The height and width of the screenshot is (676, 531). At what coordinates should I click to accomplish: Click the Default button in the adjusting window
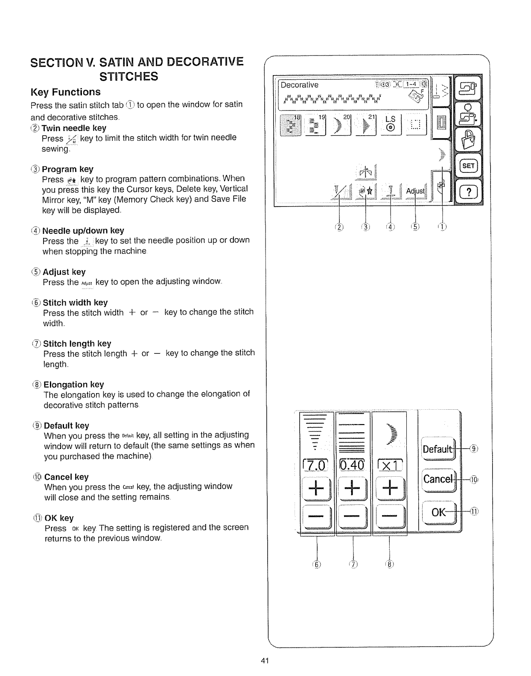pyautogui.click(x=437, y=449)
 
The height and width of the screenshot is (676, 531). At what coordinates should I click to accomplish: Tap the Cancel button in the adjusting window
pyautogui.click(x=437, y=479)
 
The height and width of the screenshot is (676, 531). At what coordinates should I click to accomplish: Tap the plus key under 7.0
pyautogui.click(x=316, y=488)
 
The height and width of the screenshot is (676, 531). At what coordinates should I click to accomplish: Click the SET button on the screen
pyautogui.click(x=468, y=166)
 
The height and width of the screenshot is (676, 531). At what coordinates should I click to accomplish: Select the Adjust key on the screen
pyautogui.click(x=415, y=191)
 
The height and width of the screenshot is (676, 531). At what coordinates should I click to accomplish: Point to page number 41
pyautogui.click(x=265, y=661)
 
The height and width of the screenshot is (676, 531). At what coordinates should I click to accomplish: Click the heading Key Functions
pyautogui.click(x=66, y=92)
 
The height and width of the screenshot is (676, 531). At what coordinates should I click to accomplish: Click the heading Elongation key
pyautogui.click(x=74, y=385)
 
